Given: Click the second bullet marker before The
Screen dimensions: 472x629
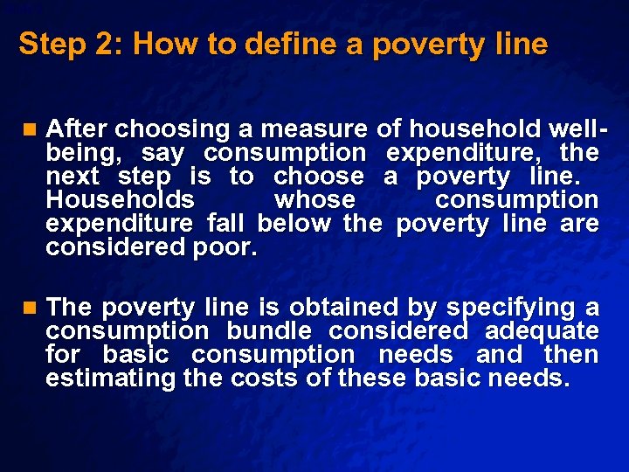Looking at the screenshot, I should point(31,308).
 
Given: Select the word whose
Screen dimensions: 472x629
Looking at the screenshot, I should point(314,200).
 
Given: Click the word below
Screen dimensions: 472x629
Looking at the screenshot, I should point(294,224).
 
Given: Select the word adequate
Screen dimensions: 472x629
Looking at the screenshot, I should point(542,331).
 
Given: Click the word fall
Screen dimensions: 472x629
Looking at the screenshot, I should point(225,224).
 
